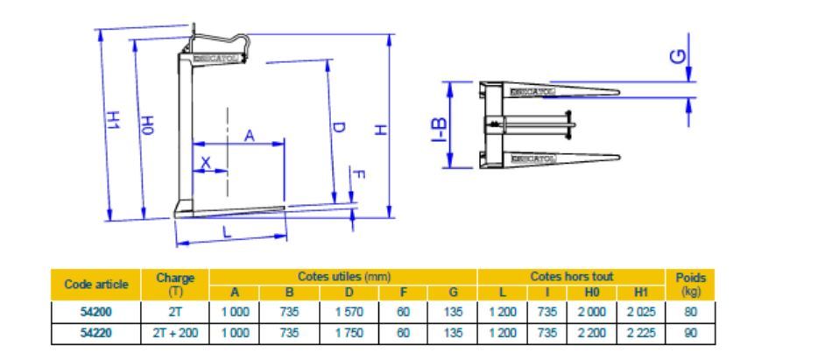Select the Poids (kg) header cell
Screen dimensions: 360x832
click(691, 284)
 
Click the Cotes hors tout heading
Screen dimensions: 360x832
click(570, 276)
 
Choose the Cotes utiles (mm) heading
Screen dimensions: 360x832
click(343, 276)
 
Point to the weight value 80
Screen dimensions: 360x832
click(691, 309)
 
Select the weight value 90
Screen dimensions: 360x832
click(691, 331)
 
